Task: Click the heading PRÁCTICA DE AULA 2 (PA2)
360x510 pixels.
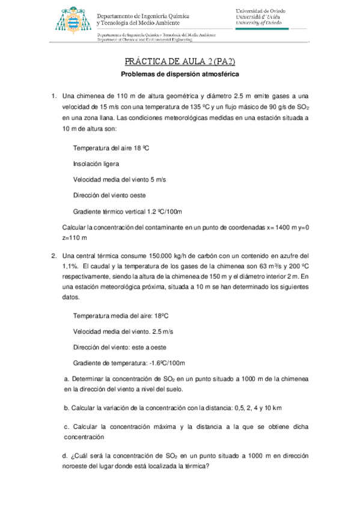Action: pyautogui.click(x=179, y=62)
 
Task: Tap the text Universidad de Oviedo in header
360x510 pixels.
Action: pyautogui.click(x=260, y=11)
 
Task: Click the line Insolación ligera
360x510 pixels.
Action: pyautogui.click(x=96, y=164)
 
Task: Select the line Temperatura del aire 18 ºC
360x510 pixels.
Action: pyautogui.click(x=110, y=147)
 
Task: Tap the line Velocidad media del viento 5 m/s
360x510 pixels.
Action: pyautogui.click(x=120, y=179)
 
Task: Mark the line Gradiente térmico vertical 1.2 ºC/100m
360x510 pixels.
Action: pyautogui.click(x=127, y=212)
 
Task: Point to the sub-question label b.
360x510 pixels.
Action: pyautogui.click(x=66, y=408)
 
